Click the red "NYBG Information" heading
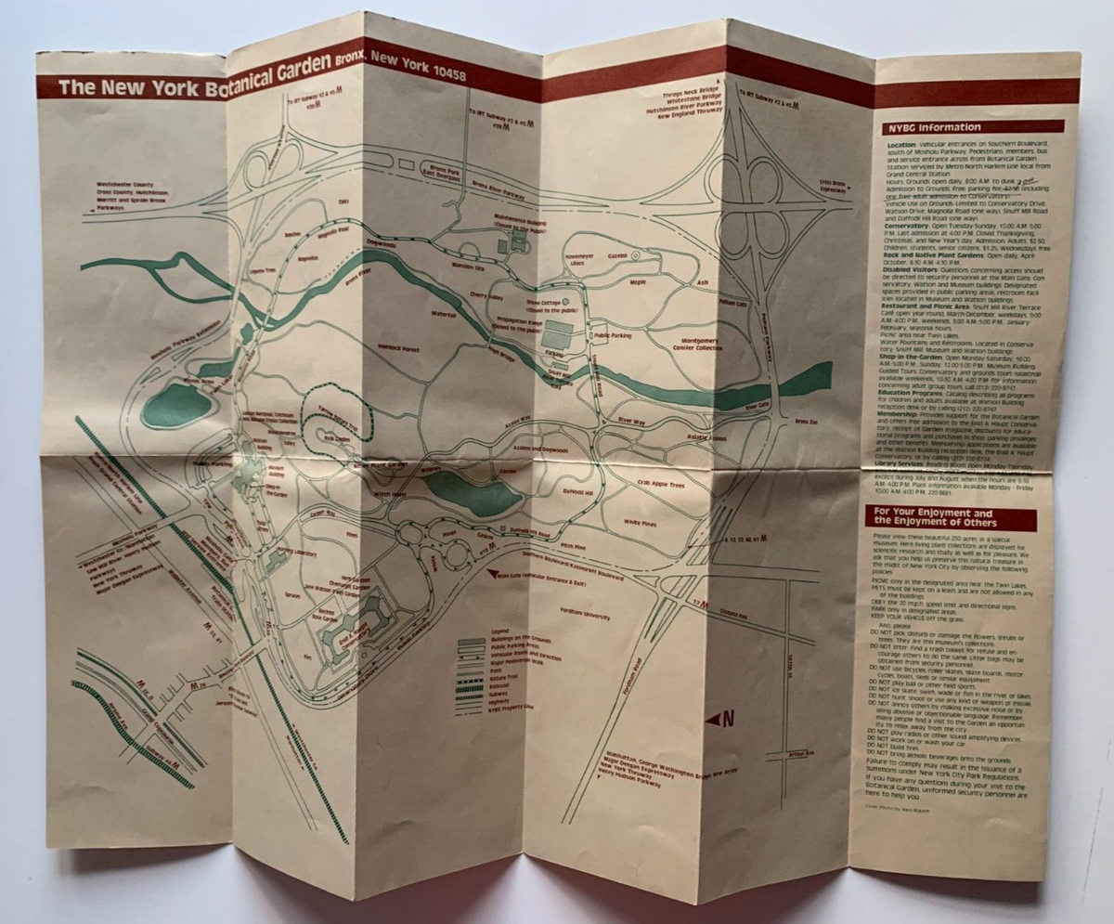972,127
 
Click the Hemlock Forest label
400,348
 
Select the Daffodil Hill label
577,490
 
